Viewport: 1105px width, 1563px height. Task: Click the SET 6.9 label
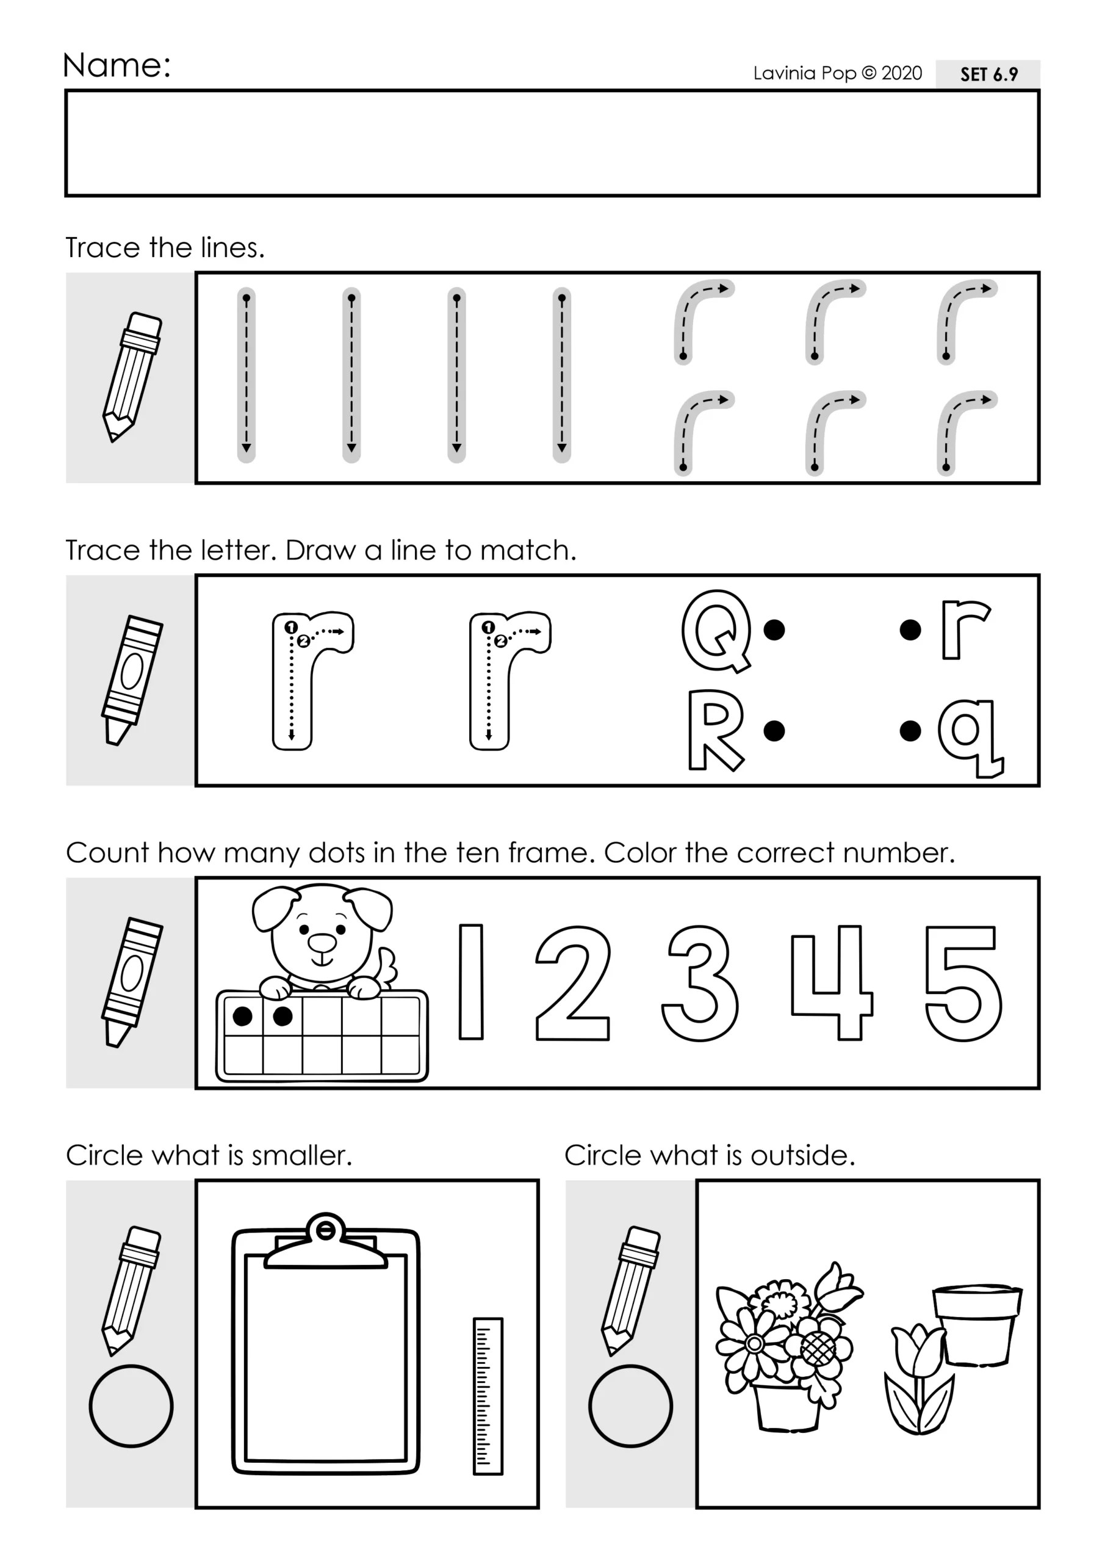pyautogui.click(x=988, y=74)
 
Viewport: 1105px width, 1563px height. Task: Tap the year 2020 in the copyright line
pyautogui.click(x=902, y=73)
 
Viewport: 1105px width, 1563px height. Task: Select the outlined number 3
pyautogui.click(x=699, y=983)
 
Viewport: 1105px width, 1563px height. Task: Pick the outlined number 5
pyautogui.click(x=962, y=983)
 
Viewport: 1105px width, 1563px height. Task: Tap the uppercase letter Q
pyautogui.click(x=716, y=630)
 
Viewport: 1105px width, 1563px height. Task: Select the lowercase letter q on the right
pyautogui.click(x=970, y=738)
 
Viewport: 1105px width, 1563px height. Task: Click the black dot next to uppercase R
pyautogui.click(x=774, y=731)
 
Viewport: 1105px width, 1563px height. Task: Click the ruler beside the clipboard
pyautogui.click(x=488, y=1396)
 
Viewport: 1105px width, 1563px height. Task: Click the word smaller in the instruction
pyautogui.click(x=301, y=1155)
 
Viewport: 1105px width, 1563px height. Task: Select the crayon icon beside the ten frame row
pyautogui.click(x=131, y=982)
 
